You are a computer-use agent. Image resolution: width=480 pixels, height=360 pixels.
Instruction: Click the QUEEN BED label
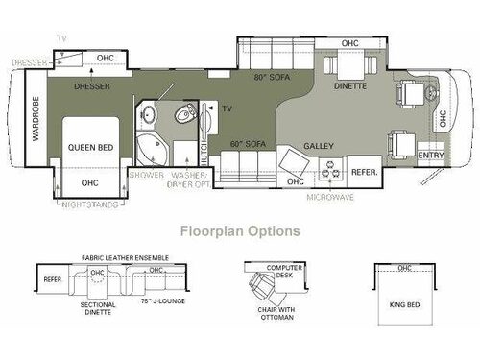click(x=92, y=147)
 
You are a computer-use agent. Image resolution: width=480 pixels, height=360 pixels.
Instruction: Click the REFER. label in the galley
click(x=364, y=174)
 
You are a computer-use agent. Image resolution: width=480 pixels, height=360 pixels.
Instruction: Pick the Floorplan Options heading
click(x=240, y=230)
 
